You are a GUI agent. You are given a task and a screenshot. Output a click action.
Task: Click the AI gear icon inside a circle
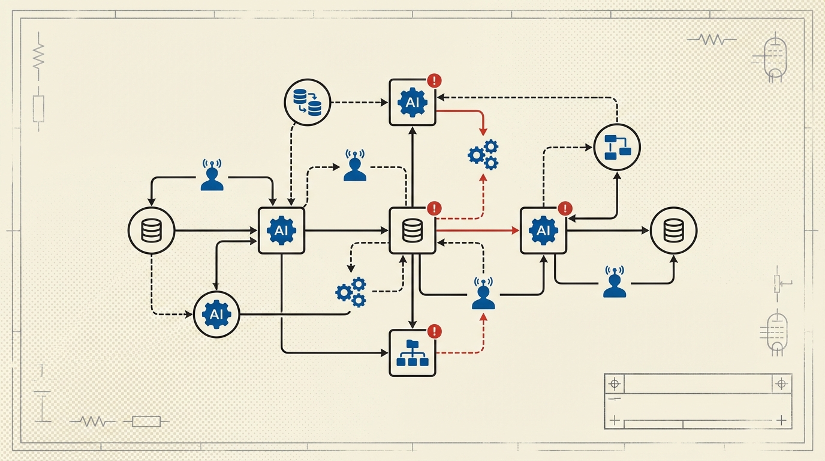216,314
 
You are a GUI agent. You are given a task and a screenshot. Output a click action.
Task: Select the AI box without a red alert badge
281,230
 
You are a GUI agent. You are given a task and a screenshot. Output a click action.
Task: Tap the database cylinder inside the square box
412,230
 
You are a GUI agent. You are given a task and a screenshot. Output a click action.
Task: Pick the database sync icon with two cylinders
307,101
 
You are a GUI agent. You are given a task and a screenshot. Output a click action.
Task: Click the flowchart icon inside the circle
617,147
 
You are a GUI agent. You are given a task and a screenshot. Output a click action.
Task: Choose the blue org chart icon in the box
412,353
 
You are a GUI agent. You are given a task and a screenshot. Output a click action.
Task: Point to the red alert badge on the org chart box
434,331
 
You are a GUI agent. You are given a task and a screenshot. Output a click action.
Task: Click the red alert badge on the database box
434,208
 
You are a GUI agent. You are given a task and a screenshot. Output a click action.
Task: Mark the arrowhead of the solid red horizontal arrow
516,230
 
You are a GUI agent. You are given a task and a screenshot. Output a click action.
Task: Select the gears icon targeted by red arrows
483,154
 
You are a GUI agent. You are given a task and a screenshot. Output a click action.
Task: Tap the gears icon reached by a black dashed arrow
351,292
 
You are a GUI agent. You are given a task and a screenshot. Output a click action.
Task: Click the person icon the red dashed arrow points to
483,294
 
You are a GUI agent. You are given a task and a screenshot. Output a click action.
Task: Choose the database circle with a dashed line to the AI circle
152,230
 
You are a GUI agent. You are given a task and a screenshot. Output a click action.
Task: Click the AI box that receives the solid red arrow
543,230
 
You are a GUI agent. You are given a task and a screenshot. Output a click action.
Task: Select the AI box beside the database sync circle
412,102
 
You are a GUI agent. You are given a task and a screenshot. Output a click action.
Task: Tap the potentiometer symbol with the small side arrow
779,283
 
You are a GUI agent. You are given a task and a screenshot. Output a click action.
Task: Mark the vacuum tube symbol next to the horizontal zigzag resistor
775,58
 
